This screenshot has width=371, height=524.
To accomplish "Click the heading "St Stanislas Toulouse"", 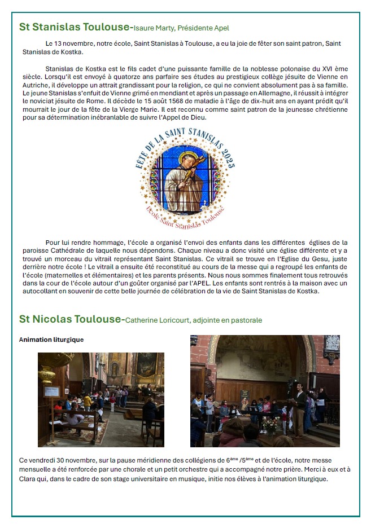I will pyautogui.click(x=74, y=27).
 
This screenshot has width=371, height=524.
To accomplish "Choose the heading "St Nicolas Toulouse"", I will pyautogui.click(x=70, y=319).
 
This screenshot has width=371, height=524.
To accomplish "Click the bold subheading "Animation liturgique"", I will pyautogui.click(x=51, y=340).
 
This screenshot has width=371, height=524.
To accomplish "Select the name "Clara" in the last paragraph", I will pyautogui.click(x=28, y=479).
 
